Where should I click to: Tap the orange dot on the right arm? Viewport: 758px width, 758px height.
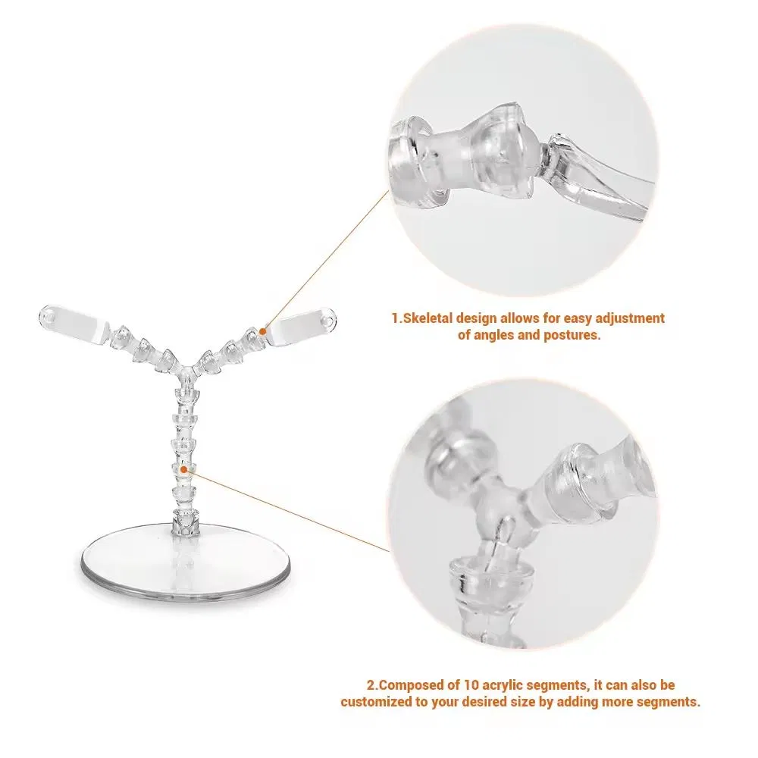(x=262, y=330)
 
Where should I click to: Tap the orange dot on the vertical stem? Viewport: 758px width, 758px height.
(x=183, y=470)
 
